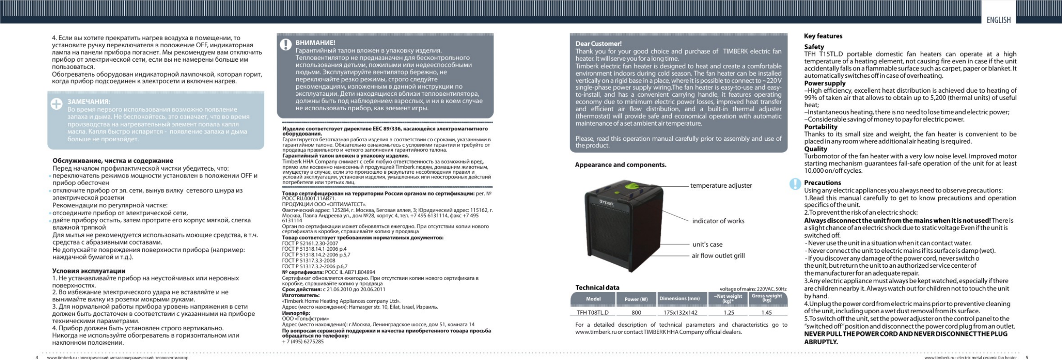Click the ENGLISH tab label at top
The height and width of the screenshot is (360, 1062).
click(x=998, y=20)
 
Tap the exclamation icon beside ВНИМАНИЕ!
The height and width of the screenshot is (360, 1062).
click(x=286, y=45)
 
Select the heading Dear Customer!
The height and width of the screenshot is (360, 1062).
click(x=598, y=44)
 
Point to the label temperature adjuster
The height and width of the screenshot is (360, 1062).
click(x=721, y=185)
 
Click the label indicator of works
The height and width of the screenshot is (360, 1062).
click(x=718, y=221)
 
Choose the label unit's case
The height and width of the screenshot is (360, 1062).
click(x=707, y=245)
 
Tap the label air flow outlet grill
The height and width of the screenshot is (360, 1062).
click(x=718, y=255)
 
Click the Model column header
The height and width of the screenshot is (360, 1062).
click(x=593, y=299)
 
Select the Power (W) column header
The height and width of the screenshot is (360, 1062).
click(x=636, y=299)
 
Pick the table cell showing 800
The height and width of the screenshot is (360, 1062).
click(x=636, y=313)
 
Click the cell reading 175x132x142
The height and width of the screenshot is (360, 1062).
click(x=680, y=313)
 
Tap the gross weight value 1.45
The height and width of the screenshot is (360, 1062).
click(x=767, y=313)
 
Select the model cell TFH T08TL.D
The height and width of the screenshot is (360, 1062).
click(x=592, y=313)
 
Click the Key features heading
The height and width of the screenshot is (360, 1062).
click(x=823, y=36)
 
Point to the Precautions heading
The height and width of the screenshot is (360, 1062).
click(x=822, y=183)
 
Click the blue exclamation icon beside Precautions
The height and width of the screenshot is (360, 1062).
click(x=795, y=184)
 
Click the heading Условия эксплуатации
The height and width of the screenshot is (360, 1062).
click(x=88, y=271)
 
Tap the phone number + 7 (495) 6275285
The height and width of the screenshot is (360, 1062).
click(x=303, y=342)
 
